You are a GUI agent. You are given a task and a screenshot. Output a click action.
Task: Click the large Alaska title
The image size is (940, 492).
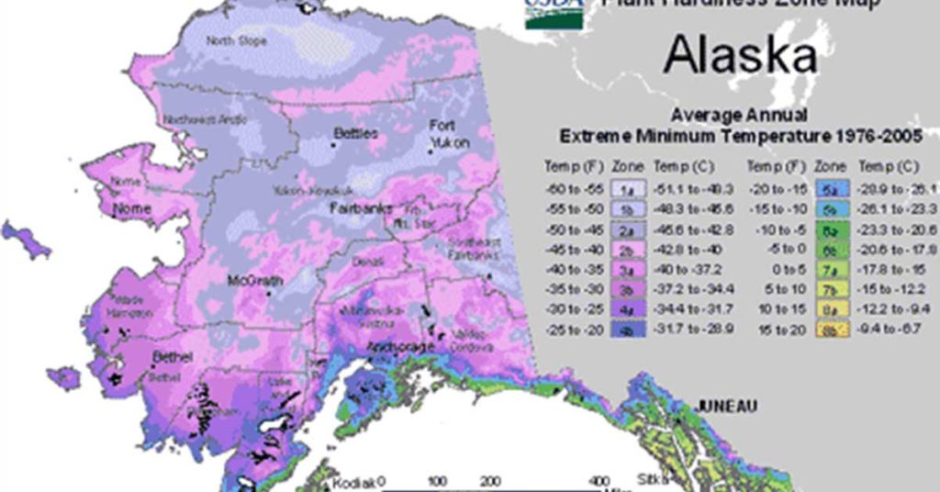[x=740, y=55]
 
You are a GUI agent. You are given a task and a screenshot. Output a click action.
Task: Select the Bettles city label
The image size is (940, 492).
[x=355, y=134]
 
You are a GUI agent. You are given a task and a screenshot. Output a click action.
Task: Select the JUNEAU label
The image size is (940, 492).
[x=726, y=406]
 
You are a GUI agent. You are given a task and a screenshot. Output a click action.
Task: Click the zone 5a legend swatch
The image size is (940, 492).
[x=831, y=189]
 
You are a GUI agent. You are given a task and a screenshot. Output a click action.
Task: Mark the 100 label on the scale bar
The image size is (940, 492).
[x=437, y=481]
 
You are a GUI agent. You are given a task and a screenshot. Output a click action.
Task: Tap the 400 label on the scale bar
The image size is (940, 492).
[x=599, y=481]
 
